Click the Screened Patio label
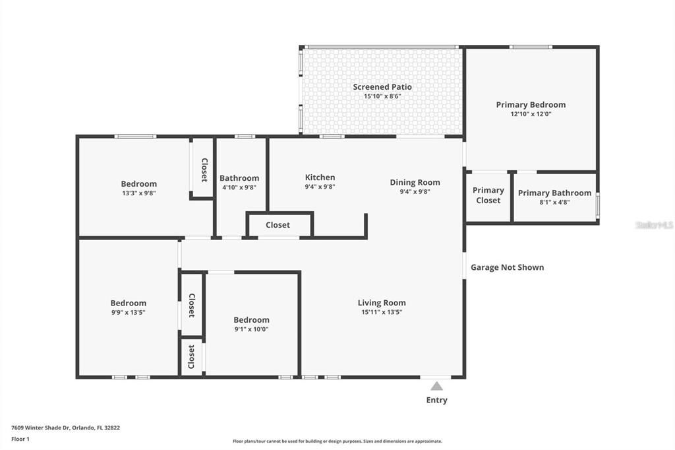pos(382,87)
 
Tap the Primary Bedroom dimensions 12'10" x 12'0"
pos(531,114)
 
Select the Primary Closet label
pos(488,195)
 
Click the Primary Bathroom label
pos(554,193)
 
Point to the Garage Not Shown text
pos(507,267)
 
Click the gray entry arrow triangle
pos(436,386)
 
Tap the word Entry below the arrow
pos(436,400)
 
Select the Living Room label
pos(382,303)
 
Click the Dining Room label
pos(415,183)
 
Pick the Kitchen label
pos(320,177)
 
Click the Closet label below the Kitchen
pos(278,225)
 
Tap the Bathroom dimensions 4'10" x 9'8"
pos(239,187)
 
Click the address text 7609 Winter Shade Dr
pos(65,428)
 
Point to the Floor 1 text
pos(20,438)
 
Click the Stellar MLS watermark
pos(654,225)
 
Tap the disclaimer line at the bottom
pos(337,441)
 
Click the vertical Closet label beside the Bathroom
pos(204,170)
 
